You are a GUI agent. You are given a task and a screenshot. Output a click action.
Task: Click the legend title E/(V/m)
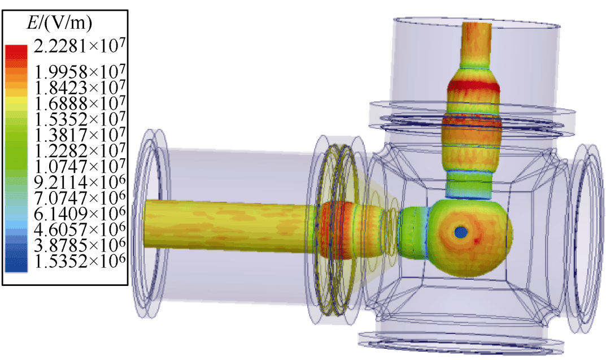tap(59, 23)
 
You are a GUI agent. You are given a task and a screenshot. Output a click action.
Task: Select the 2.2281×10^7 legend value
tap(80, 46)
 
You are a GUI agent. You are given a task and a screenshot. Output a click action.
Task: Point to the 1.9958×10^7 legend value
tap(80, 72)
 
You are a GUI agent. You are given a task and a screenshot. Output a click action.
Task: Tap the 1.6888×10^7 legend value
tap(80, 103)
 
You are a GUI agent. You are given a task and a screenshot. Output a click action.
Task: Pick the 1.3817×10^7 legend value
tap(80, 135)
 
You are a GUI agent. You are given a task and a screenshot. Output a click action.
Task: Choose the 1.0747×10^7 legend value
tap(80, 166)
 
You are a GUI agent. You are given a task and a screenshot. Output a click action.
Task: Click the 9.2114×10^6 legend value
tap(80, 182)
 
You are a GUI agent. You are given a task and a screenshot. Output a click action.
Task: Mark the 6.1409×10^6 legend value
tap(80, 213)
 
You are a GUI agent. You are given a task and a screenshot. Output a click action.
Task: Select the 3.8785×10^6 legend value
tap(80, 245)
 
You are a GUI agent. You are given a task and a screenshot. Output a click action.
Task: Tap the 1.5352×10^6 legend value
tap(80, 261)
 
